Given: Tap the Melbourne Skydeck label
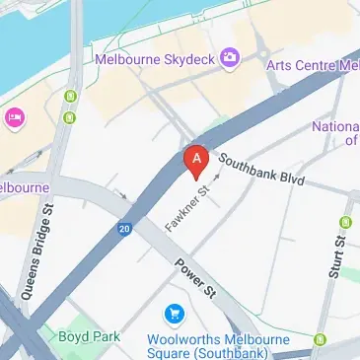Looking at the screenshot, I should click(154, 59).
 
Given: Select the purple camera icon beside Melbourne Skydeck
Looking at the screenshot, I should click(230, 58).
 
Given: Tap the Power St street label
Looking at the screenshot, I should click(195, 277).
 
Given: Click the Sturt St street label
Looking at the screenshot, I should click(338, 252).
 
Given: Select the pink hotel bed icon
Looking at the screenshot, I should click(14, 119).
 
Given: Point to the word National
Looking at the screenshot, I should click(335, 126).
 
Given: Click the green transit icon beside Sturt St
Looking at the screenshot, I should click(345, 223).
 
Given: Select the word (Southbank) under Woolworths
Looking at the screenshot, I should click(233, 352).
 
